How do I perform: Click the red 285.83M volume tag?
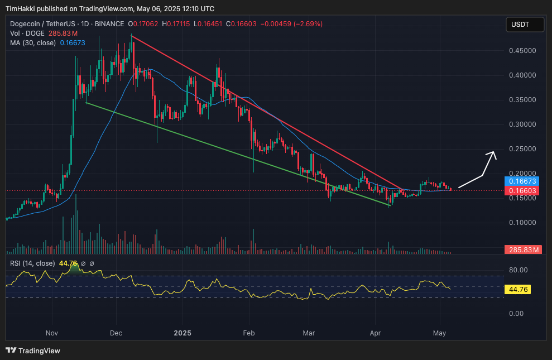pos(522,250)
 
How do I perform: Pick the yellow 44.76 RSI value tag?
pos(517,290)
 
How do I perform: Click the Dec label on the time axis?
pos(116,333)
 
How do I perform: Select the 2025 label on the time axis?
pos(183,333)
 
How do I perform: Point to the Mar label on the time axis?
pos(309,333)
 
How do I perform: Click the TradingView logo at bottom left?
pos(33,351)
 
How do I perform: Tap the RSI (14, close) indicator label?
pos(32,263)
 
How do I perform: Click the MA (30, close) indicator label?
pos(33,43)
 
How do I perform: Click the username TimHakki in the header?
pos(21,9)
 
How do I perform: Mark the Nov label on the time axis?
pos(51,333)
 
